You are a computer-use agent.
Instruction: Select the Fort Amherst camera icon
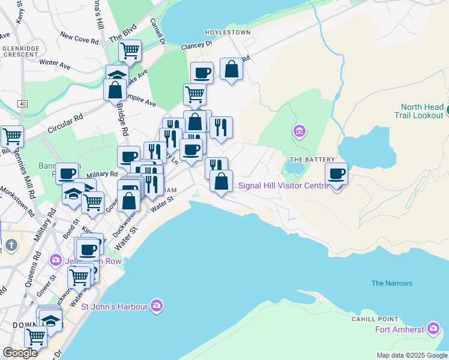[433, 328]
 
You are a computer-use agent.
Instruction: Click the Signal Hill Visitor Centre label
[283, 185]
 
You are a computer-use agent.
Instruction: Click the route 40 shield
[22, 104]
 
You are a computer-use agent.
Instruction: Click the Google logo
[20, 352]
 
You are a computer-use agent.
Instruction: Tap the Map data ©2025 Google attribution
[412, 355]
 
